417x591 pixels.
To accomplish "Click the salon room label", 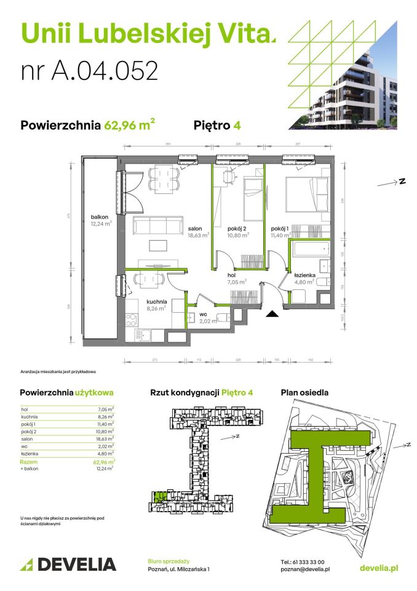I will coord(196,228).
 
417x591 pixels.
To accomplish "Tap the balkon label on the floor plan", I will coord(100,217).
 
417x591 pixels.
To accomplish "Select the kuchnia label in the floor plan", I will coord(156,302).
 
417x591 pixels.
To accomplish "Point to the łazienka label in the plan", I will coord(304,275).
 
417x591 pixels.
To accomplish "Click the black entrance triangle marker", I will coord(272,314).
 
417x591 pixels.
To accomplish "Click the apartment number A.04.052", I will coord(90,70).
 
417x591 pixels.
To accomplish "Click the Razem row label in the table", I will coord(28,461).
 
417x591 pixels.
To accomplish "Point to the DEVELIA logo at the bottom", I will coord(68,564).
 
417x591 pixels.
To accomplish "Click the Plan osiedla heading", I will coord(304,392).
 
